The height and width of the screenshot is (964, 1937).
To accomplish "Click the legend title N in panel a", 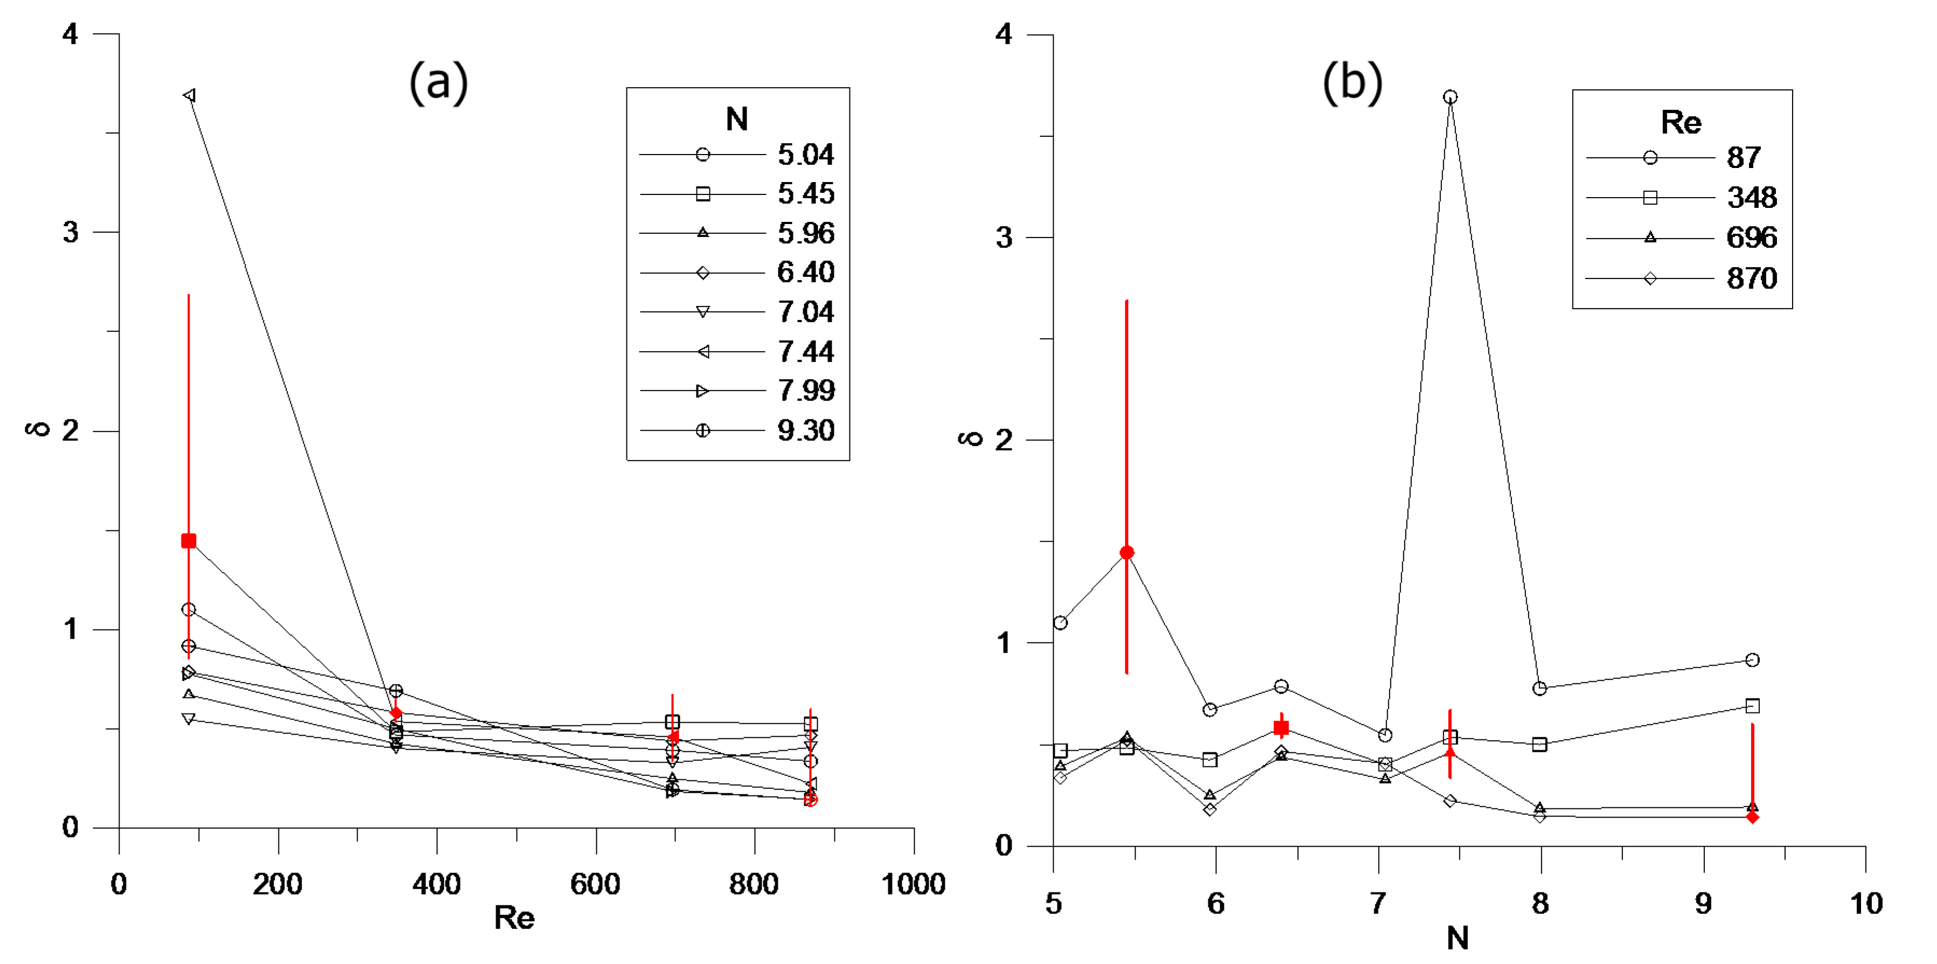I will pyautogui.click(x=737, y=119).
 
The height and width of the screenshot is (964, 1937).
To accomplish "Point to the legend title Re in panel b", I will pyautogui.click(x=1681, y=122).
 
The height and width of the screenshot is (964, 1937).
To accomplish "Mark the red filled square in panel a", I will pyautogui.click(x=189, y=541).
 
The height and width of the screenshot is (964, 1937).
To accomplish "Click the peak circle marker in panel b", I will pyautogui.click(x=1451, y=97).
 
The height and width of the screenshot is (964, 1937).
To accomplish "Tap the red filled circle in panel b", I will pyautogui.click(x=1126, y=553).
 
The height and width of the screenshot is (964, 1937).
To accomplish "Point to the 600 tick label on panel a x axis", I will pyautogui.click(x=596, y=884).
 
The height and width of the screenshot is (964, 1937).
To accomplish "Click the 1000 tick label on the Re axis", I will pyautogui.click(x=913, y=884).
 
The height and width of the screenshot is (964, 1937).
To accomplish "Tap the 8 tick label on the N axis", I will pyautogui.click(x=1540, y=903).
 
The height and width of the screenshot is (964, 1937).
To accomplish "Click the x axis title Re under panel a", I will pyautogui.click(x=514, y=917).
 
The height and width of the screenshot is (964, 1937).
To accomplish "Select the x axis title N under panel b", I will pyautogui.click(x=1457, y=938).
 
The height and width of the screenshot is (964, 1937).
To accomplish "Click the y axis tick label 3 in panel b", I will pyautogui.click(x=1005, y=237).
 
